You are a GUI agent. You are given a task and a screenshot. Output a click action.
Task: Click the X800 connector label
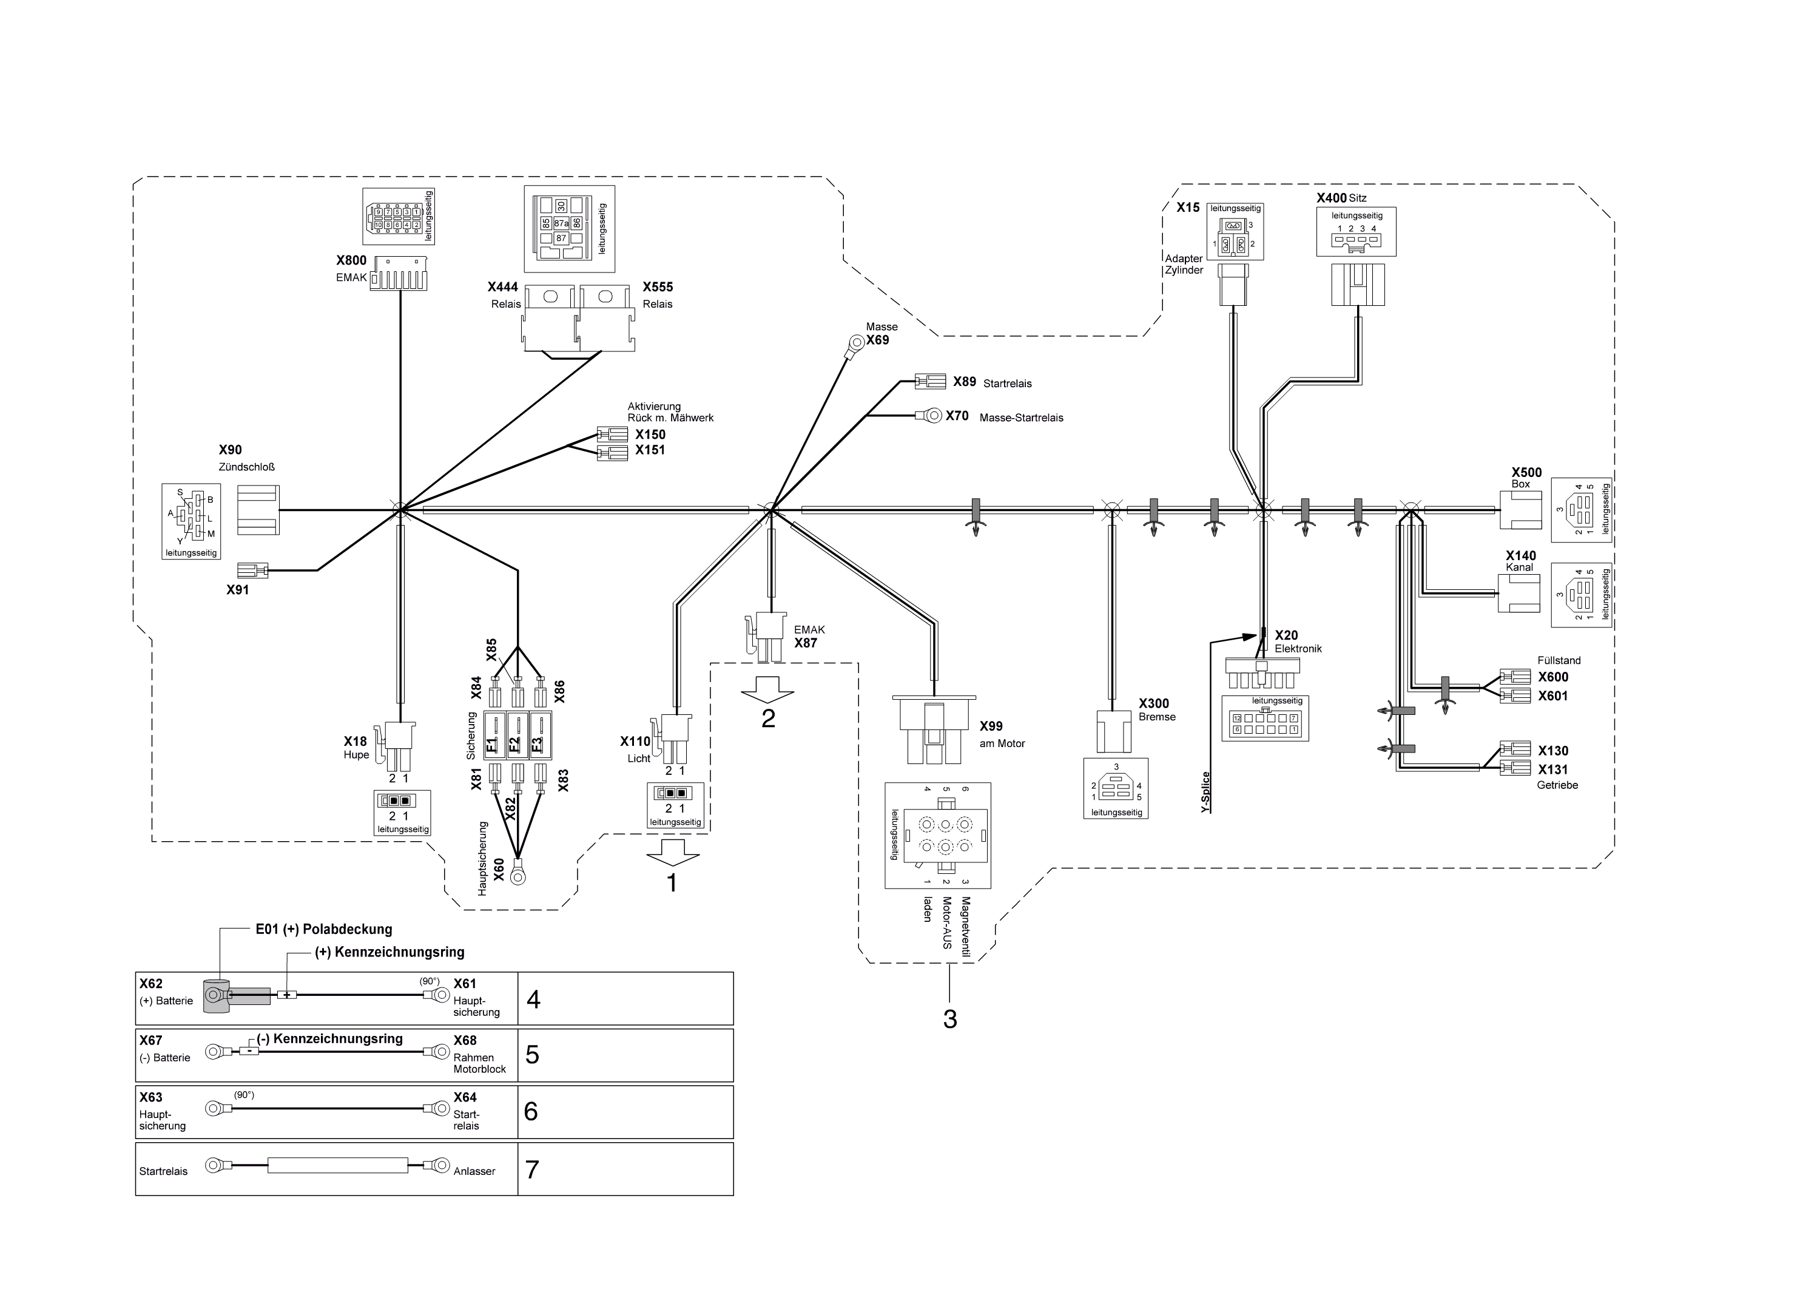point(351,260)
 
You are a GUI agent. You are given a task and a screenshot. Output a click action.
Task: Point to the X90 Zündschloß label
point(247,458)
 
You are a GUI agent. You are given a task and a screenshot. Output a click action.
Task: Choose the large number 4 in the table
point(533,1000)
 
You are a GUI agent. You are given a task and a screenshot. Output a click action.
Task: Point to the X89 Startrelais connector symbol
point(931,382)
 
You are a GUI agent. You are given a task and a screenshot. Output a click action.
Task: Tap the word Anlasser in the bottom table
point(474,1171)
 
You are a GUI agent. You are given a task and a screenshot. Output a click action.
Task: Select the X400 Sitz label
point(1341,198)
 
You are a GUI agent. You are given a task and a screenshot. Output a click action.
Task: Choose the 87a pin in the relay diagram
point(561,224)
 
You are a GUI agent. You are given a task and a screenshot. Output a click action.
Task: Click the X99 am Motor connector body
point(934,728)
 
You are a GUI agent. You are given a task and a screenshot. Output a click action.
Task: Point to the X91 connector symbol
point(253,570)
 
